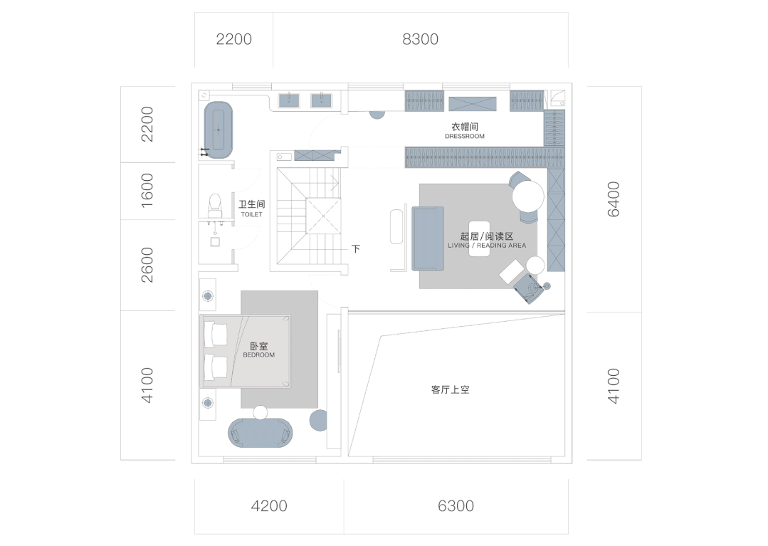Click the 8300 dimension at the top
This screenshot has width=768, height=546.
(x=420, y=39)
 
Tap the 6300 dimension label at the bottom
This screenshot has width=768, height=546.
(x=456, y=506)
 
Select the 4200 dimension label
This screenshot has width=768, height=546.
(x=269, y=506)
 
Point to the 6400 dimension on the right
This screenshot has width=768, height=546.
(x=614, y=199)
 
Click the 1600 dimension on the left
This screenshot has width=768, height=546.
(x=147, y=191)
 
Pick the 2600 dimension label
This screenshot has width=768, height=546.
(x=147, y=265)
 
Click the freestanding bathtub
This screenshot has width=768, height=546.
(x=219, y=130)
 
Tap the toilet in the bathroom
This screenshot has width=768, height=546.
(x=214, y=205)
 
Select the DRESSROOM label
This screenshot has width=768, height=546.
(x=464, y=136)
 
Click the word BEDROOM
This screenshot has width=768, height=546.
(x=258, y=355)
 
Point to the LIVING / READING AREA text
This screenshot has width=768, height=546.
(x=487, y=246)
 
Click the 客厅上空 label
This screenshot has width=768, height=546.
(x=450, y=390)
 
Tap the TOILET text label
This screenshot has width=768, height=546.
(x=251, y=214)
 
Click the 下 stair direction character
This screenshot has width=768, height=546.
(x=356, y=249)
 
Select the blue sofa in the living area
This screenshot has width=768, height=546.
(x=427, y=238)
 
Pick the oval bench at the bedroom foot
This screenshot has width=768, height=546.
(x=261, y=433)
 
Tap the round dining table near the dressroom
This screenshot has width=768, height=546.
(x=528, y=195)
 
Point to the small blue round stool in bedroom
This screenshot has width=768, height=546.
(x=318, y=420)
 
